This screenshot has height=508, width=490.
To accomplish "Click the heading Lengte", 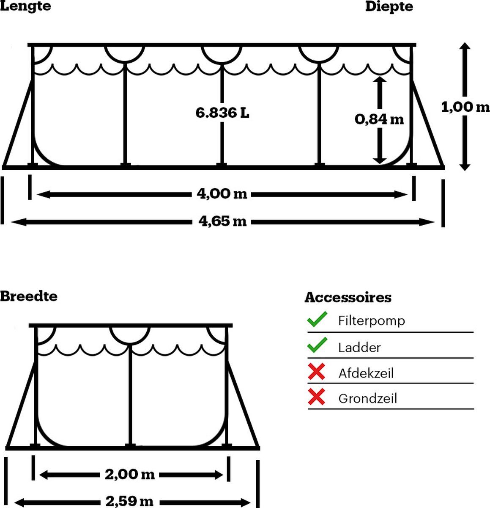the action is pyautogui.click(x=25, y=6).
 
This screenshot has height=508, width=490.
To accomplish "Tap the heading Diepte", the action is pyautogui.click(x=389, y=6).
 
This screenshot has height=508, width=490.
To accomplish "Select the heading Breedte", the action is pyautogui.click(x=29, y=296).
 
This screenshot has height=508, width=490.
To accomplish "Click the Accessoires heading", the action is pyautogui.click(x=348, y=297).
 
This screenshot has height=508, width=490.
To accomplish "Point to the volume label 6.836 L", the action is pyautogui.click(x=222, y=113).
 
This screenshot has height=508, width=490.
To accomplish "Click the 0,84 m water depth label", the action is pyautogui.click(x=379, y=119).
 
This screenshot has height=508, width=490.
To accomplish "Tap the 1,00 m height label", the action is pyautogui.click(x=465, y=107).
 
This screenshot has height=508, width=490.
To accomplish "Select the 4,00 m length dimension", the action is pyautogui.click(x=222, y=194).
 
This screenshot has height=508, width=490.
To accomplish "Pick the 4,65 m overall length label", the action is pyautogui.click(x=222, y=221).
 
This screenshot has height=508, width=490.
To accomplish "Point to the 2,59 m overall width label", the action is pyautogui.click(x=129, y=502).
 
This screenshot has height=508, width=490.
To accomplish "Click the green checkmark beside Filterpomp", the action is pyautogui.click(x=317, y=319).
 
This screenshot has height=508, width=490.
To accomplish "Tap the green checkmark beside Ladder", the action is pyautogui.click(x=317, y=345).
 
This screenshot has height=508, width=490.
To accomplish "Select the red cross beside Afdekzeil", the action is pyautogui.click(x=316, y=371).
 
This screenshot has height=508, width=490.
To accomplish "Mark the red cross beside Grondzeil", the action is pyautogui.click(x=316, y=397).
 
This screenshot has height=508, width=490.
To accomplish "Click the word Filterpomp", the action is pyautogui.click(x=371, y=321).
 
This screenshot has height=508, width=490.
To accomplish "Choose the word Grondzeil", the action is pyautogui.click(x=367, y=399).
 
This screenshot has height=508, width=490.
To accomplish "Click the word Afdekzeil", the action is pyautogui.click(x=366, y=373).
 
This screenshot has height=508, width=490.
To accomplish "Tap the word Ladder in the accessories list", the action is pyautogui.click(x=359, y=348).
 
